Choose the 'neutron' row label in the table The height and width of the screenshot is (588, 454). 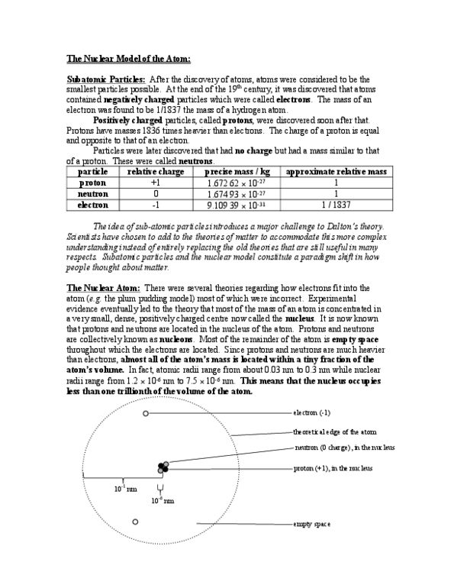(93, 194)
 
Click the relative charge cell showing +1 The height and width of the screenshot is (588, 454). (155, 184)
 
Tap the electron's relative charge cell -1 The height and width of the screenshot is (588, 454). (155, 205)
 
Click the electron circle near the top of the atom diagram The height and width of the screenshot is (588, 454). (146, 414)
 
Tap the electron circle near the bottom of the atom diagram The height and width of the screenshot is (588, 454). (135, 522)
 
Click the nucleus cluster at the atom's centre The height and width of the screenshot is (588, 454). (162, 467)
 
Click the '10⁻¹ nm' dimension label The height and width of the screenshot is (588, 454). (125, 487)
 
